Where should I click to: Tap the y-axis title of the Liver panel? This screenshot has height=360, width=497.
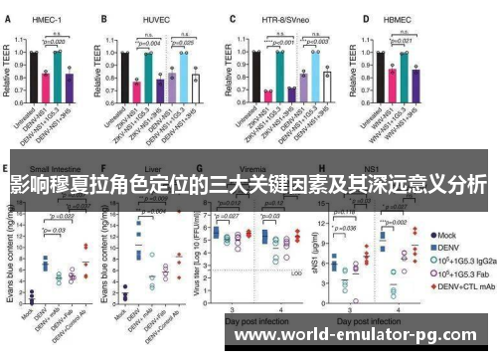click(x=102, y=239)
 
